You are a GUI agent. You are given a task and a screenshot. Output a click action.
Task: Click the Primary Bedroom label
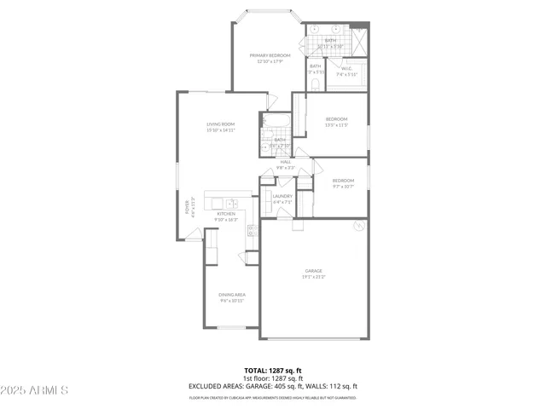pyautogui.click(x=270, y=55)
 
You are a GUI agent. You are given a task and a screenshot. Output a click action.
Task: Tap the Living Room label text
pyautogui.click(x=219, y=124)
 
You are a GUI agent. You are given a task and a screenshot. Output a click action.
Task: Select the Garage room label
pyautogui.click(x=314, y=271)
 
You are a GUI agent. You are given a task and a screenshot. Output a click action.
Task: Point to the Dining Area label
pyautogui.click(x=232, y=295)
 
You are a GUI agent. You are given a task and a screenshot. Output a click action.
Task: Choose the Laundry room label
pyautogui.click(x=282, y=196)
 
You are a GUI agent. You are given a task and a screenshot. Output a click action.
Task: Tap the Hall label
pyautogui.click(x=286, y=162)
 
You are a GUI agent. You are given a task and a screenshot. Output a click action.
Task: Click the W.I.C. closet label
pyautogui.click(x=347, y=68)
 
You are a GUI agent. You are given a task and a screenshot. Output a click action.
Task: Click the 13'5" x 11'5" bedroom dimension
pyautogui.click(x=336, y=124)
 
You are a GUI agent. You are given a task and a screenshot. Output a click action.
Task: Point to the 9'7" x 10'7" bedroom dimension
pyautogui.click(x=343, y=186)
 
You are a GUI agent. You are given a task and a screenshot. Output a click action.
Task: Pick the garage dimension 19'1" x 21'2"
pyautogui.click(x=314, y=277)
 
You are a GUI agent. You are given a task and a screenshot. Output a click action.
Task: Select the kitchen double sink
pyautogui.click(x=232, y=203)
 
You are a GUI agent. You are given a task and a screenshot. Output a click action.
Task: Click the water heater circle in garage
pyautogui.click(x=360, y=226)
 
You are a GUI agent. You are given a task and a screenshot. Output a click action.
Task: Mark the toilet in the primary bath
pyautogui.click(x=317, y=84)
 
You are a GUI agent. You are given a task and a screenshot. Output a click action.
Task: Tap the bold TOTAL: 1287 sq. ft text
pyautogui.click(x=272, y=371)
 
